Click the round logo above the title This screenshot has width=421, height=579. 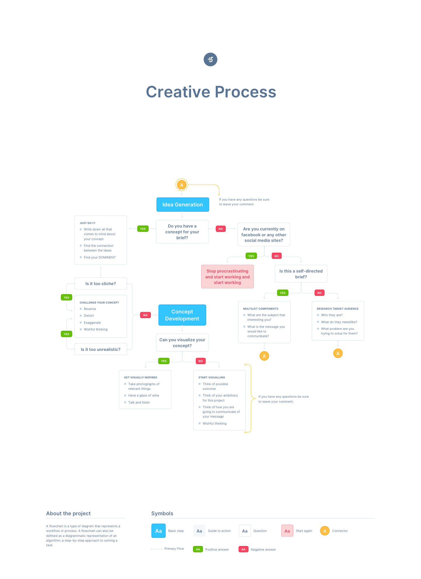[210, 59]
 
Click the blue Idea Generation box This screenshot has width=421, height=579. [183, 205]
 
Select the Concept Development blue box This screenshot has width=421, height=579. [182, 315]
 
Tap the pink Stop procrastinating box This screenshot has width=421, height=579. [227, 277]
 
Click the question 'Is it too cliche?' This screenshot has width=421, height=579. [101, 284]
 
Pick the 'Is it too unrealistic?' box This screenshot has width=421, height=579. [101, 349]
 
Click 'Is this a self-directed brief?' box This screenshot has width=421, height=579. [301, 274]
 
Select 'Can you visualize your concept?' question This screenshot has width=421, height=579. [182, 343]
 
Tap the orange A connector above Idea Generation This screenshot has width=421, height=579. [182, 185]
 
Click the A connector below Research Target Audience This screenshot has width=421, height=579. [338, 354]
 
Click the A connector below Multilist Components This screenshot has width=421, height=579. [264, 356]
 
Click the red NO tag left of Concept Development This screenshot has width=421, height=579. [145, 315]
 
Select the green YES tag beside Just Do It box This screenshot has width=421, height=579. [143, 229]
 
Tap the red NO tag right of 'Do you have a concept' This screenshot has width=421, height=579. [221, 229]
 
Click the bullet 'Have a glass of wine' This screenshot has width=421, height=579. [144, 396]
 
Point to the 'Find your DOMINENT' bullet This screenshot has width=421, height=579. [99, 258]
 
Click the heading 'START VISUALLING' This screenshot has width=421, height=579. [212, 378]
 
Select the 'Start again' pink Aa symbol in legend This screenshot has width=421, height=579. [287, 531]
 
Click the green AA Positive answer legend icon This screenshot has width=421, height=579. [198, 549]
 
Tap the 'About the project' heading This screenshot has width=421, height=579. [68, 513]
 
